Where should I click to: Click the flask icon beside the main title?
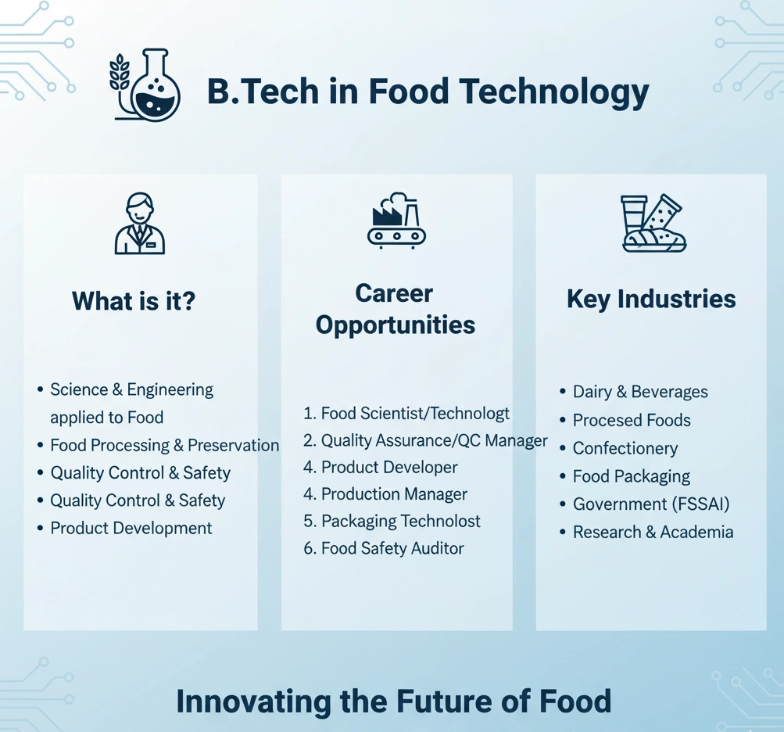coord(156,88)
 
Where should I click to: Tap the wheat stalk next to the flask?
coord(120,74)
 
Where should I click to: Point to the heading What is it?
coord(134,301)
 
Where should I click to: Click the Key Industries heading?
coord(651,299)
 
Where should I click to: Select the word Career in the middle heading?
coord(394,294)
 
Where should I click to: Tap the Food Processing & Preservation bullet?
coord(164,445)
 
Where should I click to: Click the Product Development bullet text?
coord(131,528)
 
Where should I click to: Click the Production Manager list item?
coord(394,494)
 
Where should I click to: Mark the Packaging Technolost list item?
coord(401,522)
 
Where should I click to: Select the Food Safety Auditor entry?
coord(392,549)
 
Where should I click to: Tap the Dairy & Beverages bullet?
coord(640,392)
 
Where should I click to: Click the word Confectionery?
coord(625,448)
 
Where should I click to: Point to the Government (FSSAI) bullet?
coord(651,504)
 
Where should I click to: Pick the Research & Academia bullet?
coord(653,532)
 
